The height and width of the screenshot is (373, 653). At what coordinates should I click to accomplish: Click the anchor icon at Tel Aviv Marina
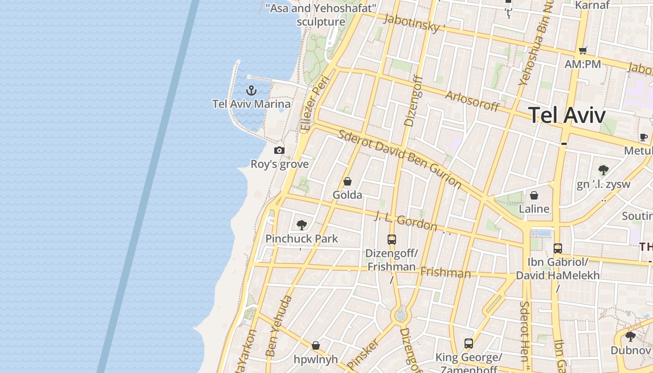[252, 90]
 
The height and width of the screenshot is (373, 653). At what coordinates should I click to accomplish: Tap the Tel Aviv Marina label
[251, 104]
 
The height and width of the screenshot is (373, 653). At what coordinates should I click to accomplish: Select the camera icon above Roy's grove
[279, 150]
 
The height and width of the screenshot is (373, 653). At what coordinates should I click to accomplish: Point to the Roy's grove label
[279, 164]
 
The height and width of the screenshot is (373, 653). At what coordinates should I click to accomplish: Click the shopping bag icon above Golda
[347, 181]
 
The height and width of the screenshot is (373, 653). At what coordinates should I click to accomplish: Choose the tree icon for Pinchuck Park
[302, 225]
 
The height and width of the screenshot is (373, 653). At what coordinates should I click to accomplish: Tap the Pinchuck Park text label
[302, 239]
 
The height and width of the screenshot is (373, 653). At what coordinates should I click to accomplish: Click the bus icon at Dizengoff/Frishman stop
[392, 240]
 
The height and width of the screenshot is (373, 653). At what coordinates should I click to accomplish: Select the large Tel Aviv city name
[567, 115]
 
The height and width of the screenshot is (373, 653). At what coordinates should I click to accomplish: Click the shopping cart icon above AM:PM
[583, 50]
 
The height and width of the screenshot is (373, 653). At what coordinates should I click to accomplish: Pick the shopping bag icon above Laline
[534, 195]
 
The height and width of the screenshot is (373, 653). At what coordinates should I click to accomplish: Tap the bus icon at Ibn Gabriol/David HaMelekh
[558, 248]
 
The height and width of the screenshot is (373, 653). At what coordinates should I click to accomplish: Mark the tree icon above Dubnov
[631, 336]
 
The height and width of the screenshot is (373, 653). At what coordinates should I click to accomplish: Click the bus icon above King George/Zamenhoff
[469, 344]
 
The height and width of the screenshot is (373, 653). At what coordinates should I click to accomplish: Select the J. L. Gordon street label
[406, 221]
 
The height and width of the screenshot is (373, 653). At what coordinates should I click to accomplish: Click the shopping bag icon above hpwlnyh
[316, 345]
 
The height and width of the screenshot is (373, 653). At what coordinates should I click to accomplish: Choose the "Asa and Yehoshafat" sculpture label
[321, 15]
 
